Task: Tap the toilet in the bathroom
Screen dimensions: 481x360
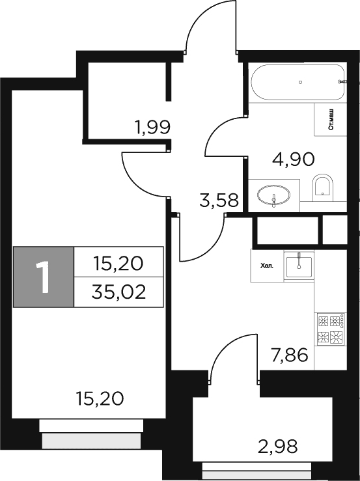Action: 322,187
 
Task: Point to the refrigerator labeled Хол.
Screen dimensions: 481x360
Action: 267,266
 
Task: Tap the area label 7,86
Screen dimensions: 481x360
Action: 288,355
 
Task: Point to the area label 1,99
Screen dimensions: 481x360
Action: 152,127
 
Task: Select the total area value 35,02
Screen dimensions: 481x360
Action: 118,290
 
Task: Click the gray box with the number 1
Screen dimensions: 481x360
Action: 44,277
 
